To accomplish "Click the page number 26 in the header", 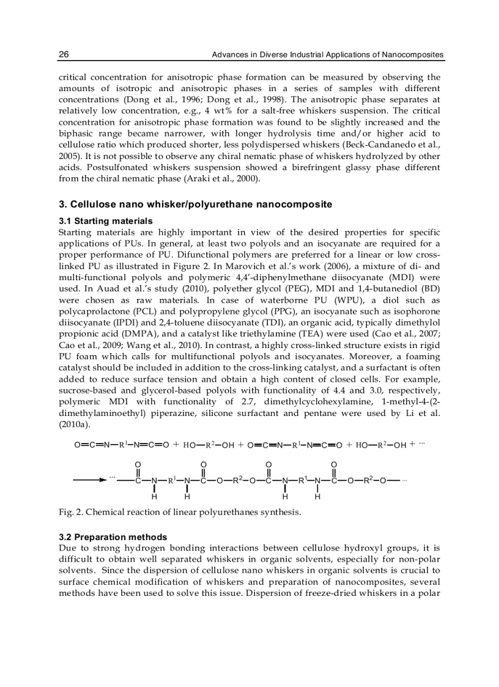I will pos(64,55).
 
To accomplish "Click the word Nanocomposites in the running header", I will pos(412,55).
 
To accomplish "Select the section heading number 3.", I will pos(62,204).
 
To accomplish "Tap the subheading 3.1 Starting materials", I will pos(105,221).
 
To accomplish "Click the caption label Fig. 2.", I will pos(68,512).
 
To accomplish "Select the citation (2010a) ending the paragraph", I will pos(75,424).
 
